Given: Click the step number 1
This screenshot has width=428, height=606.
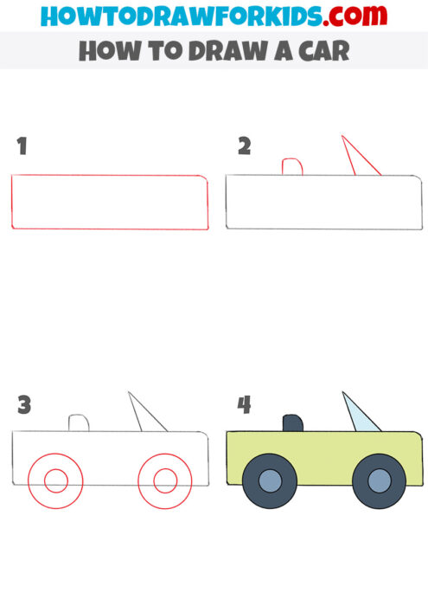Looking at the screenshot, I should point(22,147).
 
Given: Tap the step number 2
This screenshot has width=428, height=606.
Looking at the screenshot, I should point(244,146).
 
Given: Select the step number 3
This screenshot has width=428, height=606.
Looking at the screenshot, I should point(24,404).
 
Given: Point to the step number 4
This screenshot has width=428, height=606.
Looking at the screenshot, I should point(244,404).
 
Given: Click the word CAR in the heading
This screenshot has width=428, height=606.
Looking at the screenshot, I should point(323,51).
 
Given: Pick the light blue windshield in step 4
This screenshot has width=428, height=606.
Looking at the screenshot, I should point(359,416).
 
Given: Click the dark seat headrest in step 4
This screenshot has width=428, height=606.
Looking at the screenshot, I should point(292,422).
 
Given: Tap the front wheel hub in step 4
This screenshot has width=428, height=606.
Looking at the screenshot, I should point(378,482).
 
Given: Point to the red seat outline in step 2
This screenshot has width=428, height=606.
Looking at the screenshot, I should point(291,166).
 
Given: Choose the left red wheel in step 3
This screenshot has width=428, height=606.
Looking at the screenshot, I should point(55,478).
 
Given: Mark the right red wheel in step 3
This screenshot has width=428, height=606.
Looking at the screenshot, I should point(164,478).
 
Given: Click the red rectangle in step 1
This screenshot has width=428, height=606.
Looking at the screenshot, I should point(110,203).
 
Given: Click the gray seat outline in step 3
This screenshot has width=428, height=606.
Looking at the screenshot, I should point(79,422).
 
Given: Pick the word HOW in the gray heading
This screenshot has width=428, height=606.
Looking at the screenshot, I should point(105,51).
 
